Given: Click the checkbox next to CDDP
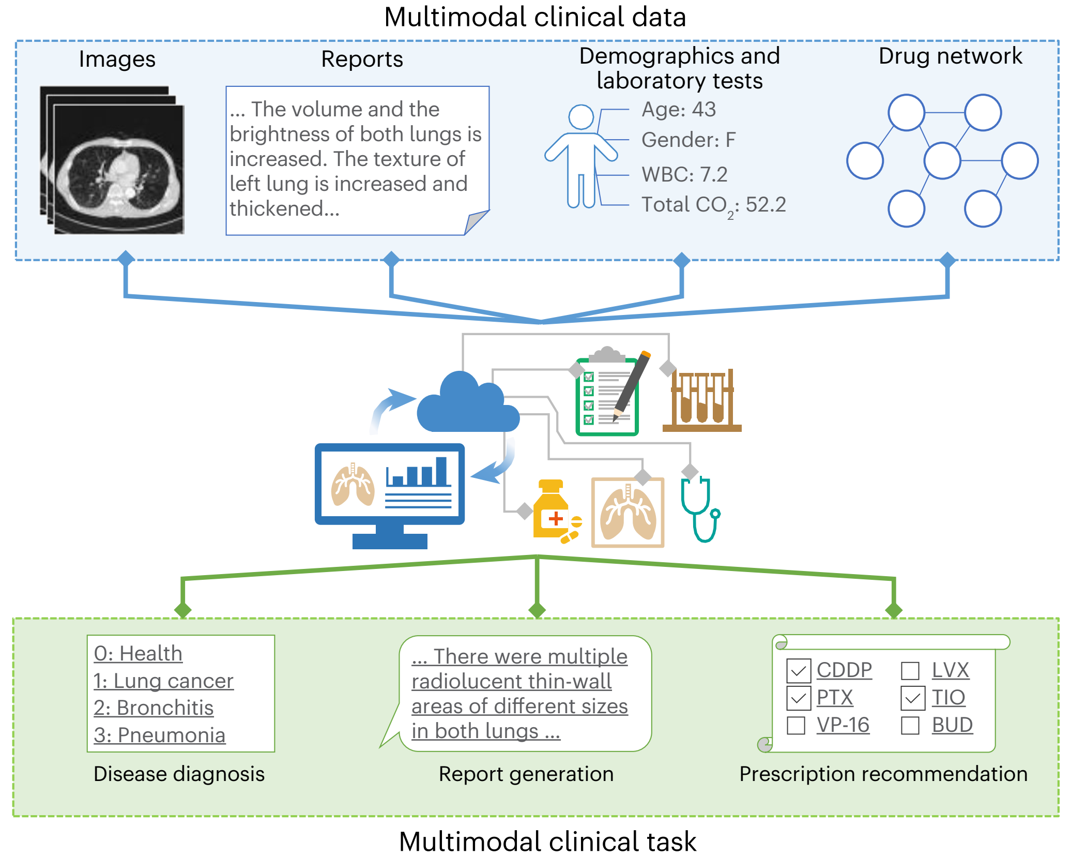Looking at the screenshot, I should (798, 671).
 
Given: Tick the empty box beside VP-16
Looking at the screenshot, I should (796, 725).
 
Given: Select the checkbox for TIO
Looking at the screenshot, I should (912, 698).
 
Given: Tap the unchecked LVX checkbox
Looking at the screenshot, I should (910, 671).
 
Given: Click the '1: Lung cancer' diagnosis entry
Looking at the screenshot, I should (163, 681).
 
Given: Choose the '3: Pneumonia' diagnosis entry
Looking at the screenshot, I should (160, 735).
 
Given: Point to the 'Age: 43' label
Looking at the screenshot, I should (678, 110).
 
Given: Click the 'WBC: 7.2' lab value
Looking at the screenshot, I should (684, 175).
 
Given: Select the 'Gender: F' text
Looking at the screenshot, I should (688, 140).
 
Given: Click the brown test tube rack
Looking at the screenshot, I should (702, 401).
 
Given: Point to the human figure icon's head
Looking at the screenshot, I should (581, 117).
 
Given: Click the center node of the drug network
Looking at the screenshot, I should (942, 161).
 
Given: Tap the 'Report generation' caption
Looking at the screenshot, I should (526, 774).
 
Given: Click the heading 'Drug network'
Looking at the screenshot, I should (950, 56).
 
